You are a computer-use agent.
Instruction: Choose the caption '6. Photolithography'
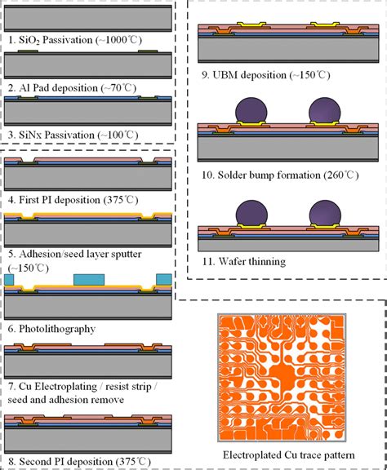(51, 329)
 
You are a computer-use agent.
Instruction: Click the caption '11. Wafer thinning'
(243, 261)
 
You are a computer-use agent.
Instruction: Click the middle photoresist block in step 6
(90, 282)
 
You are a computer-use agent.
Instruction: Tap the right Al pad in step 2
(148, 51)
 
